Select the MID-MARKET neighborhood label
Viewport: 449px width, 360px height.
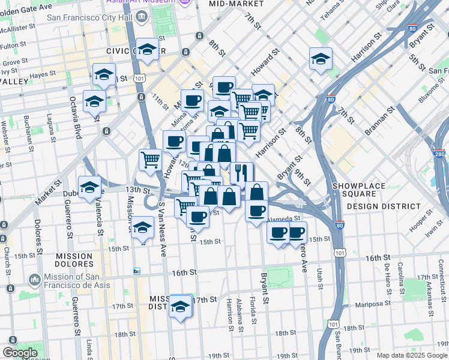click(236, 4)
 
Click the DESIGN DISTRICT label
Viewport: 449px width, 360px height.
click(384, 206)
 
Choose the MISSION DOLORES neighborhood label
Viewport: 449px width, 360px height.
click(73, 260)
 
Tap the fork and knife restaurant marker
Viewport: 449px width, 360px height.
click(241, 173)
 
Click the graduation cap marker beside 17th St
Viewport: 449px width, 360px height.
click(180, 307)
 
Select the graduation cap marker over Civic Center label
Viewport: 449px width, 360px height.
click(146, 51)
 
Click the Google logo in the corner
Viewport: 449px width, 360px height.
click(19, 353)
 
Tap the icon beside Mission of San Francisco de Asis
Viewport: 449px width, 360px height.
click(34, 280)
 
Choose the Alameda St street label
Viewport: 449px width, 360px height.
click(283, 219)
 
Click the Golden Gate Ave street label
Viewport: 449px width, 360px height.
click(26, 4)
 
